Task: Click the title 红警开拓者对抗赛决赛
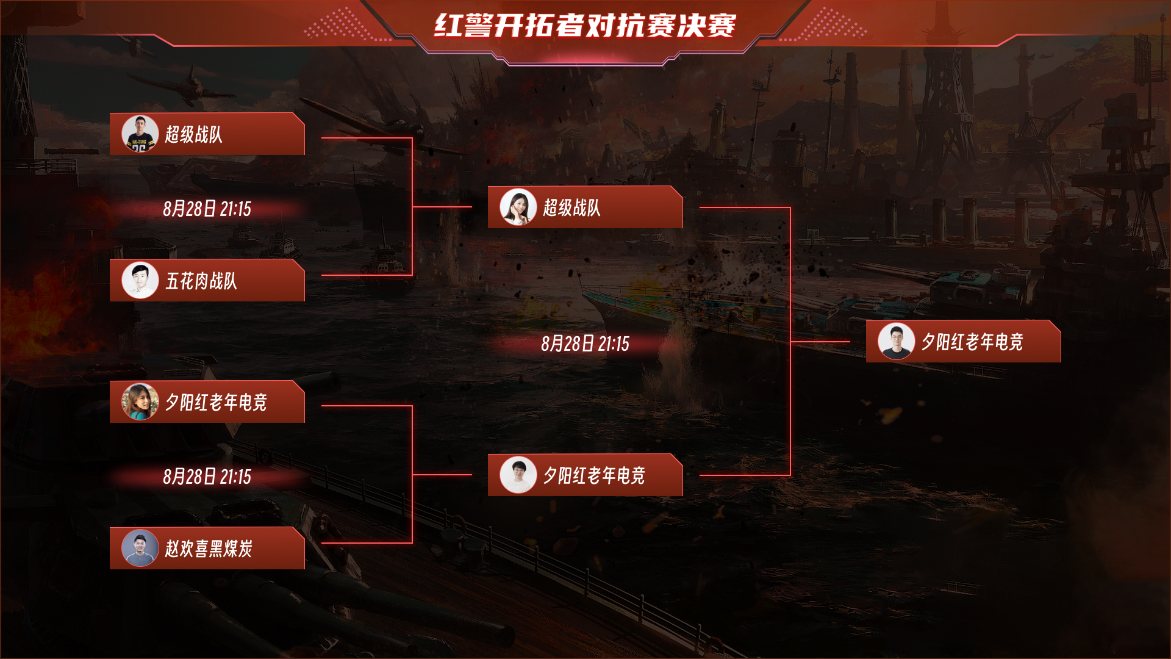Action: tap(585, 26)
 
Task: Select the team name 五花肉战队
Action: tap(201, 281)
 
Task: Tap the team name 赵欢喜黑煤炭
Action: tap(209, 549)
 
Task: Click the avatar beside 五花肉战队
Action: tap(140, 280)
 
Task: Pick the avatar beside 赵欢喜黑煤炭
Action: tap(140, 548)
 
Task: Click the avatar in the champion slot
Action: tap(896, 341)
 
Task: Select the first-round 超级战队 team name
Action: tap(193, 134)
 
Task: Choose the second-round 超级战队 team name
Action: tap(571, 207)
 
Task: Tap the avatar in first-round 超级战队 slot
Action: tap(140, 134)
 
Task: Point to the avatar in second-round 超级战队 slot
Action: tap(518, 207)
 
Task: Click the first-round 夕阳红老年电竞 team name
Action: tap(216, 402)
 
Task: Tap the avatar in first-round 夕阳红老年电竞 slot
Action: tap(140, 402)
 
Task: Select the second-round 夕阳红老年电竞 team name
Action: tap(594, 475)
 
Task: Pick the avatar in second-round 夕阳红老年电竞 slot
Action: tap(518, 475)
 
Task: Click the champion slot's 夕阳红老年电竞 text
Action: tap(972, 342)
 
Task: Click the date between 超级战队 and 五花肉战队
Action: tap(207, 209)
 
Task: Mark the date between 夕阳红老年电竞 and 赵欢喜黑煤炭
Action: tap(207, 477)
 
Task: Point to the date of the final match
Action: tap(585, 344)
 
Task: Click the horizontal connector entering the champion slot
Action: tap(820, 342)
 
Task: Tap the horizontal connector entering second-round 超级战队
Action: tap(442, 207)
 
